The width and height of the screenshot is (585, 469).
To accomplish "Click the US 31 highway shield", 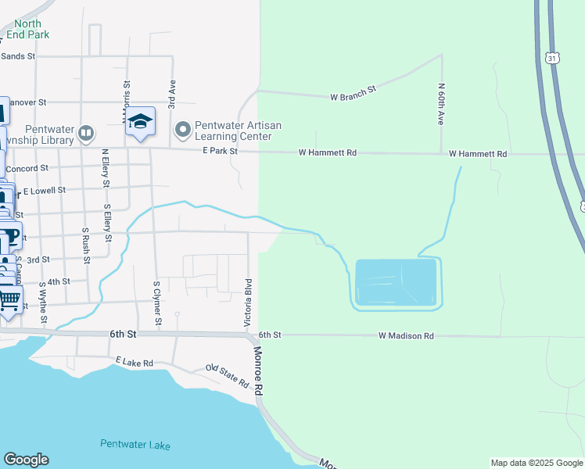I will click(x=552, y=59).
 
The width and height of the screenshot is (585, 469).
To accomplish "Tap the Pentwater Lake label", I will click(x=135, y=445).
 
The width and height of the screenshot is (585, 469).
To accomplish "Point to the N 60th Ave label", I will click(x=441, y=105).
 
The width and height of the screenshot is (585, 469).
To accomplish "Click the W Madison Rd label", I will click(x=406, y=335).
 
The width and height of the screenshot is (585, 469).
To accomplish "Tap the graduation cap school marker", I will click(x=141, y=121).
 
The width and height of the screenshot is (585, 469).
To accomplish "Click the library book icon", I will click(x=86, y=134).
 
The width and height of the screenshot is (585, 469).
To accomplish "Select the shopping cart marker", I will click(x=9, y=298).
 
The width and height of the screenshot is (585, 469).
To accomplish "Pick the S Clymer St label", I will click(x=157, y=303).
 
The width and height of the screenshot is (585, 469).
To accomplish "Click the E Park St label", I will click(x=219, y=151).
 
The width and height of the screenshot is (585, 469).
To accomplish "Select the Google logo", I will click(x=26, y=460).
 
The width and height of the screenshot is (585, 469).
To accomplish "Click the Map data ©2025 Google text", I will click(x=536, y=463).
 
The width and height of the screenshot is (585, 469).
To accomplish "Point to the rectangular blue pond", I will click(x=396, y=282).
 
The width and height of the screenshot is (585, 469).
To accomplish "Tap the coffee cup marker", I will click(x=9, y=235).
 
